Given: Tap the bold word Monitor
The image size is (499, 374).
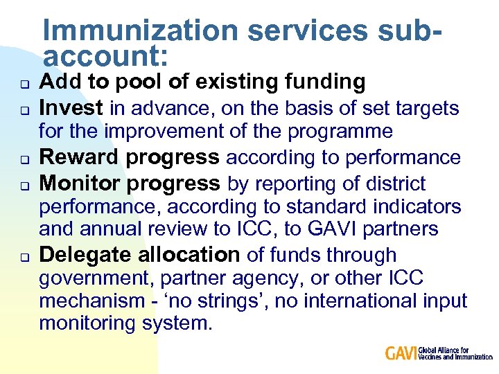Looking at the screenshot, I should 81,184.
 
